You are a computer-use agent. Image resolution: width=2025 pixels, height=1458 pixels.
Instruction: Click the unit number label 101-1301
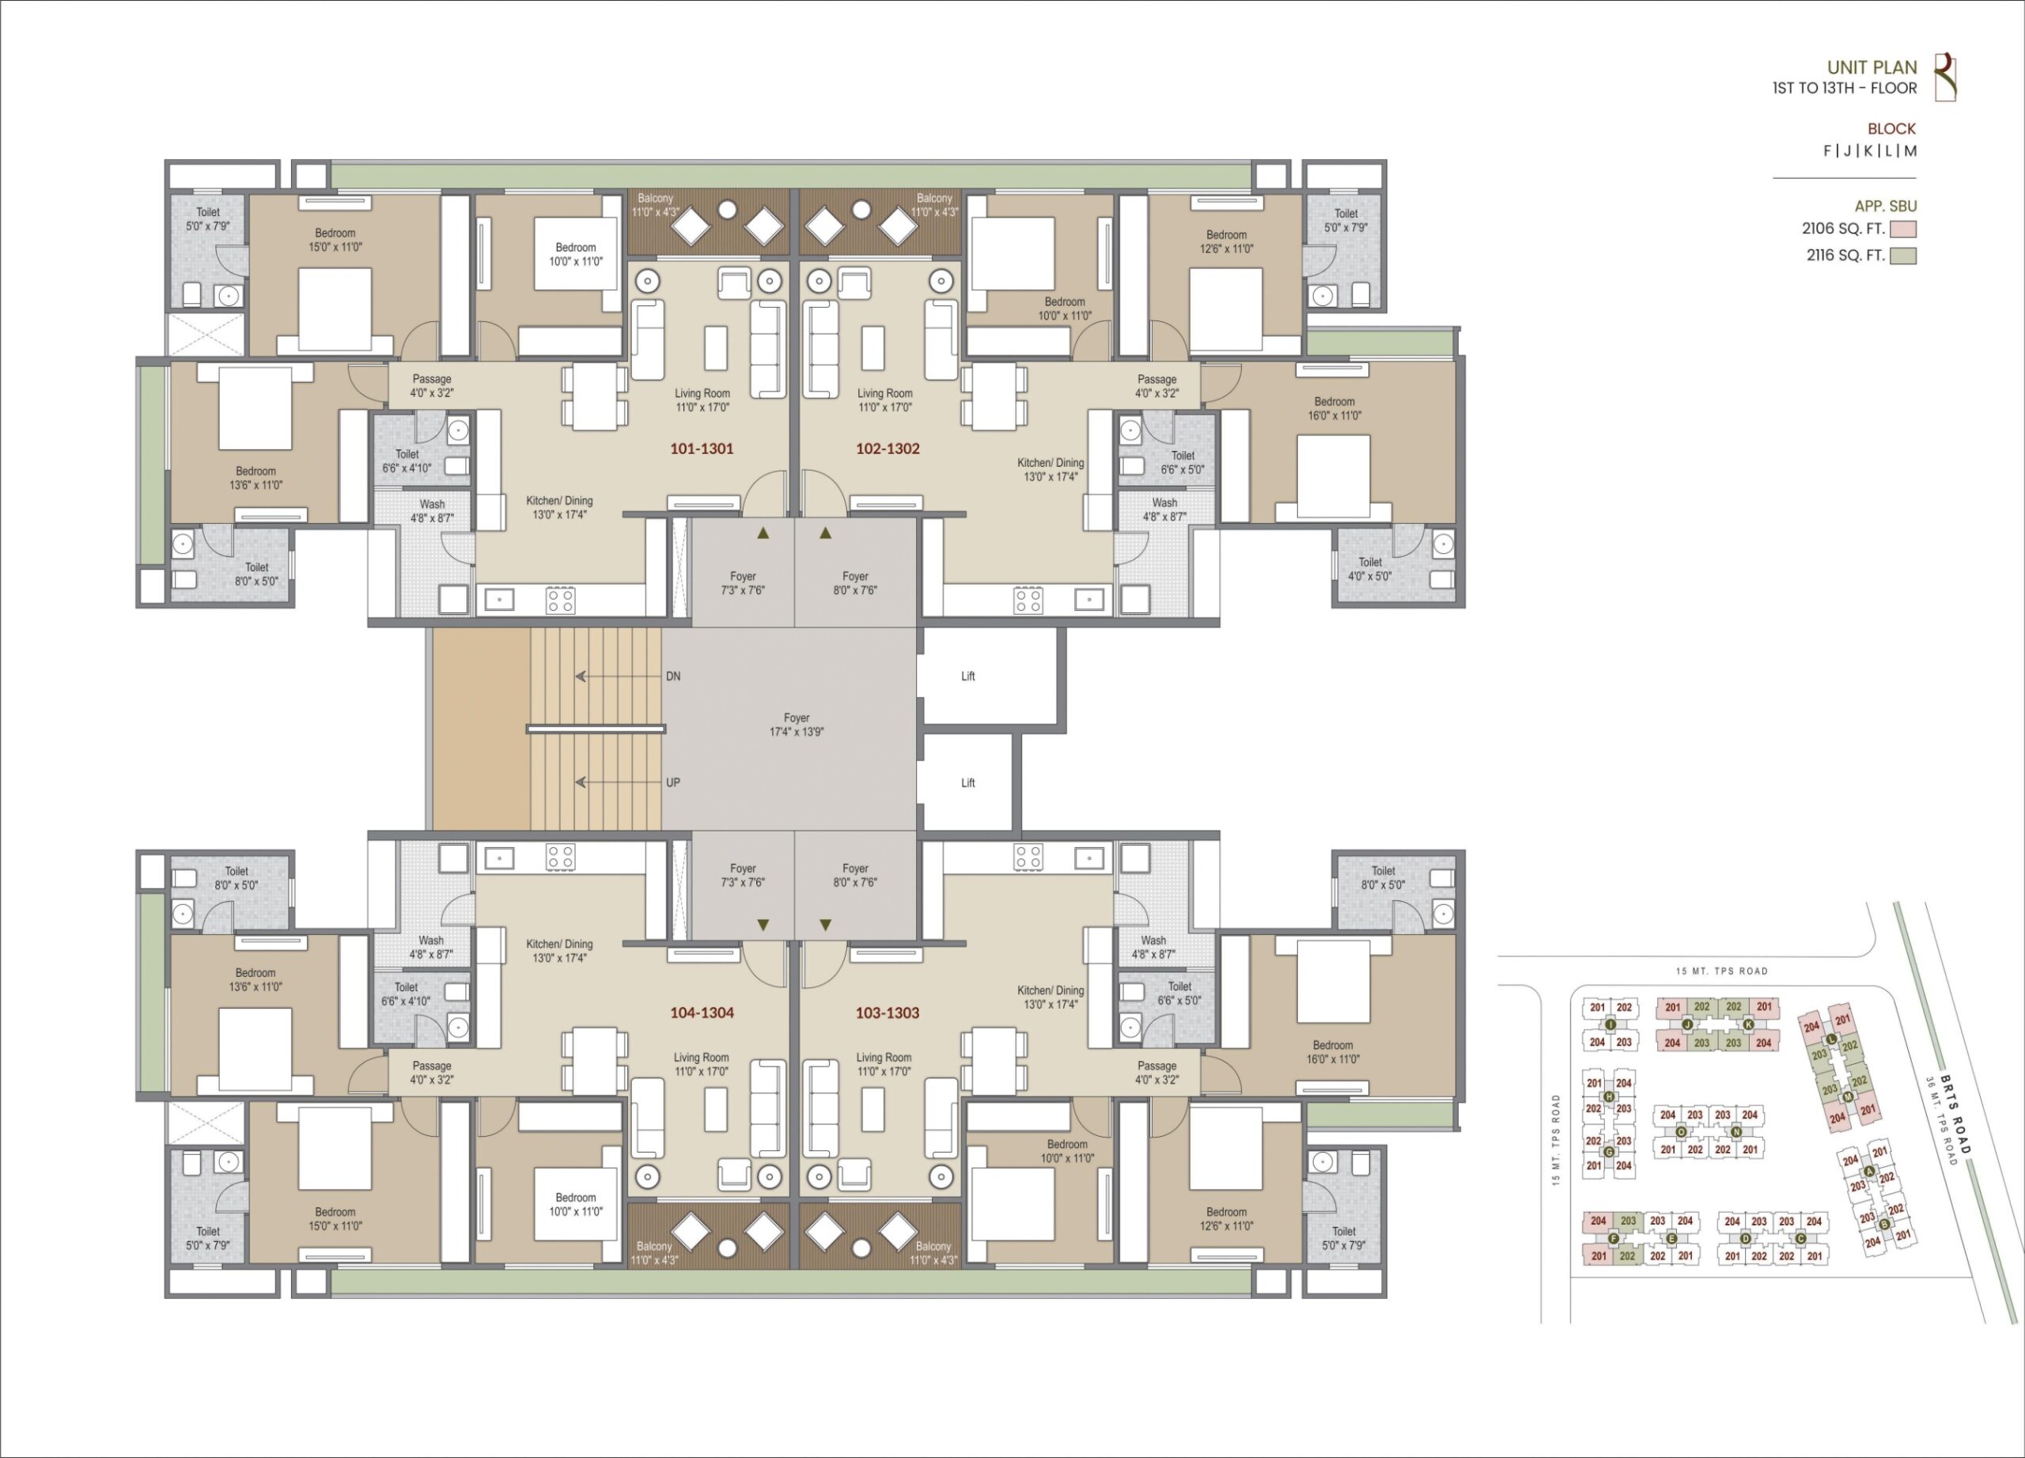click(x=702, y=449)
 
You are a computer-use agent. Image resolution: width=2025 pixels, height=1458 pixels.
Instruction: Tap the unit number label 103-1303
click(x=888, y=1013)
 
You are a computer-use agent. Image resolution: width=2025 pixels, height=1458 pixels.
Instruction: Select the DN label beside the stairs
click(x=673, y=676)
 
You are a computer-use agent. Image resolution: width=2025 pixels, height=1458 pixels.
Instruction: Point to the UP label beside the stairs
click(x=673, y=782)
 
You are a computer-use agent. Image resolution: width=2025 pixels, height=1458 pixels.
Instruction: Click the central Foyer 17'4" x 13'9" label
click(x=797, y=724)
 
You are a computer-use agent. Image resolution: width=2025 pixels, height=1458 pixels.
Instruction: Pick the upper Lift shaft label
click(x=968, y=676)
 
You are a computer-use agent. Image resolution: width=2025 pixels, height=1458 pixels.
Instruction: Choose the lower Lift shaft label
click(x=968, y=782)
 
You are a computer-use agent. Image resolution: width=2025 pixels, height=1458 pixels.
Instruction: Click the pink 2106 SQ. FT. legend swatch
click(x=1903, y=229)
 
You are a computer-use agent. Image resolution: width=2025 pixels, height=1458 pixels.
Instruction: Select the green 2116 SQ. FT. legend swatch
click(x=1903, y=256)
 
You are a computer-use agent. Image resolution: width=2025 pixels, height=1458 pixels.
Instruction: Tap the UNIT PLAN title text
click(x=1872, y=67)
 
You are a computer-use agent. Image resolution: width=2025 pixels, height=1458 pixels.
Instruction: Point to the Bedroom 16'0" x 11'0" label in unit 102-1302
click(x=1334, y=408)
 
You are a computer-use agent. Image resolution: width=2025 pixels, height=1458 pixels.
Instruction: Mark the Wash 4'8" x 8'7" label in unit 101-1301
click(x=432, y=511)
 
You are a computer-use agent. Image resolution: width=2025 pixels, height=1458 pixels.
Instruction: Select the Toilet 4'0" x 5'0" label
click(x=1369, y=569)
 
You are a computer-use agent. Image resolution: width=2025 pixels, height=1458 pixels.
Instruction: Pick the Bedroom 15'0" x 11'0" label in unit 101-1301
click(x=335, y=239)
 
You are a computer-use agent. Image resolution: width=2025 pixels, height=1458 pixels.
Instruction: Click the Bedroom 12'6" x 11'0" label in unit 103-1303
click(x=1227, y=1219)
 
